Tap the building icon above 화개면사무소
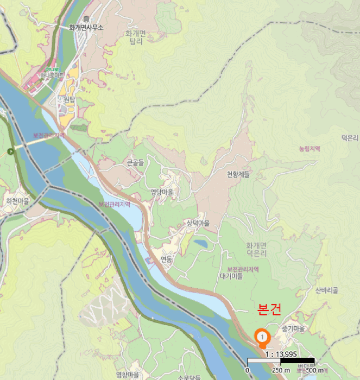86,20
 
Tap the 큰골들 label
135,162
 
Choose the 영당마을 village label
162,192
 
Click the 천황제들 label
238,174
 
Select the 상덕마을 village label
198,223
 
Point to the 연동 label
166,259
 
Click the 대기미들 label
231,276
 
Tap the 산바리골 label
326,290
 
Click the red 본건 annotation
269,309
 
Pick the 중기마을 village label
294,329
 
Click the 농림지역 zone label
310,148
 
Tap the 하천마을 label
17,200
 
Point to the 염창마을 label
128,375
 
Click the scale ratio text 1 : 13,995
281,354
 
